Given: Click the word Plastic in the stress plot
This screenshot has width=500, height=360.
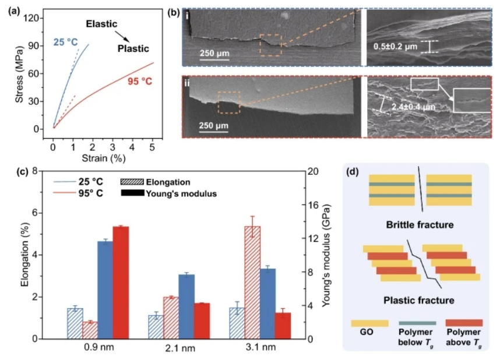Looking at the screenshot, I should click(133, 49).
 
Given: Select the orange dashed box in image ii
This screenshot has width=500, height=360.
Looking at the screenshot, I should click(228, 102).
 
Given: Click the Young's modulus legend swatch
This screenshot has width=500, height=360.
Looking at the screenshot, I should click(135, 193).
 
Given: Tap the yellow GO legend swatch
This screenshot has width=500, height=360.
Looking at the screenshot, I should click(370, 323).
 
